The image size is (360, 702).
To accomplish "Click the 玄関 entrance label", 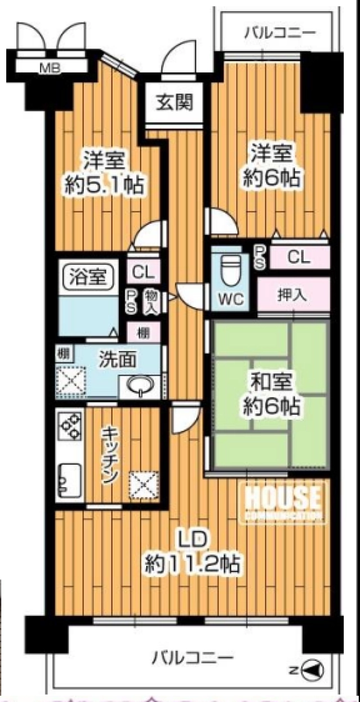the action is pyautogui.click(x=174, y=102).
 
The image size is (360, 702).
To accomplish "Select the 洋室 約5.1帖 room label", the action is pyautogui.click(x=104, y=174).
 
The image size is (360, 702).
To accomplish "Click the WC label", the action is pyautogui.click(x=231, y=300).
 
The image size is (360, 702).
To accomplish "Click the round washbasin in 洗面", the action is pyautogui.click(x=141, y=384).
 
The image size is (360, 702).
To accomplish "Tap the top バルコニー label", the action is pyautogui.click(x=280, y=33).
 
